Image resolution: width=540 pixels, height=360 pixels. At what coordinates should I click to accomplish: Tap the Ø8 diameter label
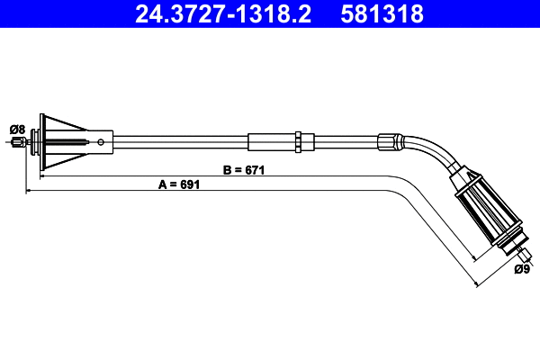point(15,129)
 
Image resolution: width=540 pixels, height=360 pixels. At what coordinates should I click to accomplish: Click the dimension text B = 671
point(242,168)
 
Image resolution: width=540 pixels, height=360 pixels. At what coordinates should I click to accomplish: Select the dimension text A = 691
point(178,184)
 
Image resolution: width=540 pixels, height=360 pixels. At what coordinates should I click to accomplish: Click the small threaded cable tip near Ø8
point(19,140)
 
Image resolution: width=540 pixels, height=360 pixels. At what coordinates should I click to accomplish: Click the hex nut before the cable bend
point(388,141)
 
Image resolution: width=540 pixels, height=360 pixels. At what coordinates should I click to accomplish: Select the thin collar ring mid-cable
point(297,140)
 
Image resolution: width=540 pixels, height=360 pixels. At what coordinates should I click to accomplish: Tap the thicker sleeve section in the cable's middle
point(270,140)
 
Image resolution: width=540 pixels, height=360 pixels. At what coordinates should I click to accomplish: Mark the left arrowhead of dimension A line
point(28,191)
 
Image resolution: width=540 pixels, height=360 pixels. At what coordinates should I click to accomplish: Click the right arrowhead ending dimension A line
point(475,283)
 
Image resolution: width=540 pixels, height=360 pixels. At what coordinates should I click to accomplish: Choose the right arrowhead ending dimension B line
point(472,260)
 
